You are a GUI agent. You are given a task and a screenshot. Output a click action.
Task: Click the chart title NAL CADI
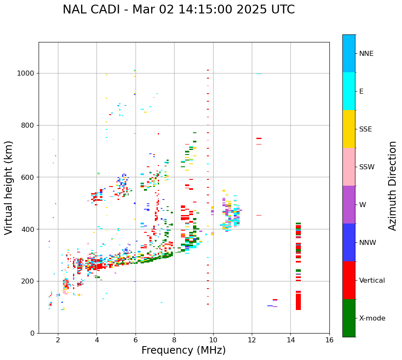coord(178,10)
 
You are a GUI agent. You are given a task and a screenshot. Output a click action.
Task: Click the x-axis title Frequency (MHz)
coord(183,350)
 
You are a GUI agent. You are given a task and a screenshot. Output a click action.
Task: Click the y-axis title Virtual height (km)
coord(9,188)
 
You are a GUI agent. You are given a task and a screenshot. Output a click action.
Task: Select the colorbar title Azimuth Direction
coord(392,186)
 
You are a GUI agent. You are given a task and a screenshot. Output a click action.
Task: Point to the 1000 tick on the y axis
coord(28,73)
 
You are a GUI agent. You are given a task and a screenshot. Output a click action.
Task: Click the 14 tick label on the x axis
coord(290,340)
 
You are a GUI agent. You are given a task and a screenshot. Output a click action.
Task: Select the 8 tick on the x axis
coord(174,340)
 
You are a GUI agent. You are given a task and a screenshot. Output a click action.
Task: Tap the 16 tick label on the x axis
coord(329,340)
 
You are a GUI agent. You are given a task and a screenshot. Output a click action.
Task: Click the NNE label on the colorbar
coord(366,54)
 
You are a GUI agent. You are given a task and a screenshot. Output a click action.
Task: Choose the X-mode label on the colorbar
coord(372,318)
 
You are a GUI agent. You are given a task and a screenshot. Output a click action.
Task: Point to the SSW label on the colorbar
coord(367,167)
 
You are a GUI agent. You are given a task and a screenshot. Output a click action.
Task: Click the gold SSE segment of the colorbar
coord(349,129)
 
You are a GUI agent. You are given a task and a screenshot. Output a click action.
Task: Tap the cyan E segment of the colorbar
coord(349,91)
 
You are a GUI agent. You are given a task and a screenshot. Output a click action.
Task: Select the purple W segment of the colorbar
coord(349,205)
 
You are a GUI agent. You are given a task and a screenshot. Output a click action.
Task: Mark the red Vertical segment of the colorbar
coord(349,280)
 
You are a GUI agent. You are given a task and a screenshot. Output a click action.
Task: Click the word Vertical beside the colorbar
coord(372,281)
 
